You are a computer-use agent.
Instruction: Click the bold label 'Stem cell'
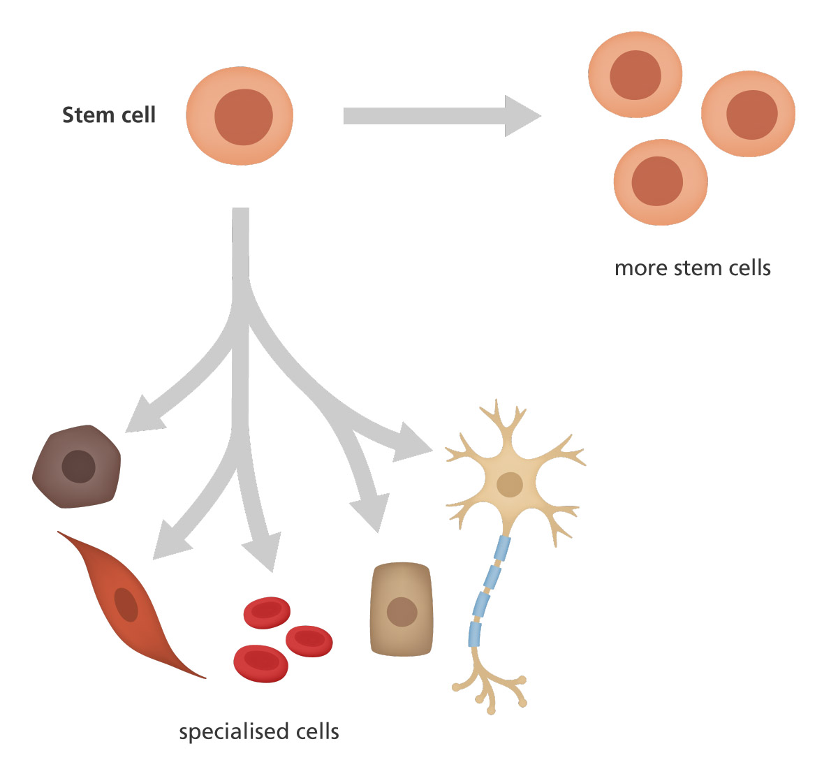point(109,115)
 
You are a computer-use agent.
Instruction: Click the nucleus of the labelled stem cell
point(243,117)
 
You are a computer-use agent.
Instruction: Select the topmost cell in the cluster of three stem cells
point(635,74)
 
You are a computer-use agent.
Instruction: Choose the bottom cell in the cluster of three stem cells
point(660,182)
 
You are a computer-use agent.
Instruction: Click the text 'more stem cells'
point(692,268)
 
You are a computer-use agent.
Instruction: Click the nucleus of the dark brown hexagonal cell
point(78,467)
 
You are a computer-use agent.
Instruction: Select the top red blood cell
point(267,612)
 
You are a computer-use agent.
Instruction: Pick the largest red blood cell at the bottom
point(260,663)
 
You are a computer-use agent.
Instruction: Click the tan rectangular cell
point(401,609)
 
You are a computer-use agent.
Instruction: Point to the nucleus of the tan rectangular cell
point(402,613)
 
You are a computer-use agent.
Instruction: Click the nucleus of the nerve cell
point(510,484)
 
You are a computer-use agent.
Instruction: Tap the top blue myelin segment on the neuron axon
point(502,548)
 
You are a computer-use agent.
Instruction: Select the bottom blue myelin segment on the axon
point(475,634)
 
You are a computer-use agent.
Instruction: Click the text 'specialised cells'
point(259,731)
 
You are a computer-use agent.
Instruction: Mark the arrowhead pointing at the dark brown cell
point(142,415)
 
